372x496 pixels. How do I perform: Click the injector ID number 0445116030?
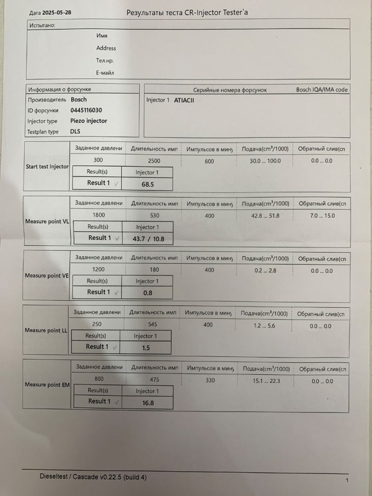point(86,110)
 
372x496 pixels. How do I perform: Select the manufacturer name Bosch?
point(79,99)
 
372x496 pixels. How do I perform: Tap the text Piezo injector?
point(89,121)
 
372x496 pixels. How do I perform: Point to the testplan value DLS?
point(75,132)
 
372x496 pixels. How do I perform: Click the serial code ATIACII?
point(184,100)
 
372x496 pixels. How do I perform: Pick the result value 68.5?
point(147,184)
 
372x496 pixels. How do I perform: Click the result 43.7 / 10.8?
point(148,239)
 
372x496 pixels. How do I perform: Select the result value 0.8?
point(147,293)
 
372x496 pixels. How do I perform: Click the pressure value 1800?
point(98,215)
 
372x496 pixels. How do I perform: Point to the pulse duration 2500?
point(154,161)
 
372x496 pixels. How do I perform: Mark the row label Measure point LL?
point(46,330)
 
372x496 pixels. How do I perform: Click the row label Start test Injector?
point(47,167)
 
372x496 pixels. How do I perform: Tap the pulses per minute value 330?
point(209,380)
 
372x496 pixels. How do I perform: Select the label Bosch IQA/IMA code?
point(322,90)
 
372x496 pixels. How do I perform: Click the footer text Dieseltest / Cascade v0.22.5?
point(93,477)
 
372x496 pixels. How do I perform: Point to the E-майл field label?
point(105,73)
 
